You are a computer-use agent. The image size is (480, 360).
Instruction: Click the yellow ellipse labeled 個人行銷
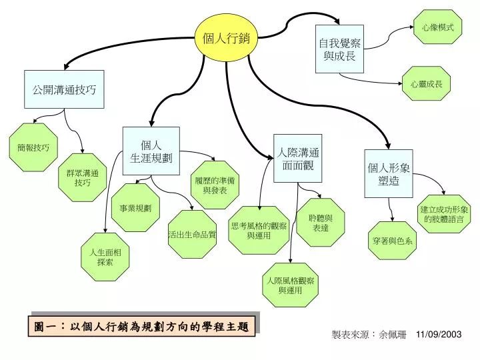click(227, 38)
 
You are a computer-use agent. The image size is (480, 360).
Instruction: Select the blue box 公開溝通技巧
click(64, 89)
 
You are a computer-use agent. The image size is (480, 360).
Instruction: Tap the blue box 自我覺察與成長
click(339, 49)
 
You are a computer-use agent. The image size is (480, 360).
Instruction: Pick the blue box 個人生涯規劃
click(151, 151)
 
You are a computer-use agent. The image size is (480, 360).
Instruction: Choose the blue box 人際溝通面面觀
click(297, 158)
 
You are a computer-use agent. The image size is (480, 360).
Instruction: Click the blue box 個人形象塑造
click(389, 173)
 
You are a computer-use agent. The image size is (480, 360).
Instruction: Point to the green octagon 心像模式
click(437, 27)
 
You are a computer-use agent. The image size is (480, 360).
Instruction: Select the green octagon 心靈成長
click(426, 83)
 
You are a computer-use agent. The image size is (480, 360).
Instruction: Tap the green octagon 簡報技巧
click(33, 147)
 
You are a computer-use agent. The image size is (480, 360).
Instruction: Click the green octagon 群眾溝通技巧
click(83, 177)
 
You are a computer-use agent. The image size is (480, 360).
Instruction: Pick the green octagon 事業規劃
click(135, 207)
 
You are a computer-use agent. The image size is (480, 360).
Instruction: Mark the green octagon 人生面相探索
click(105, 257)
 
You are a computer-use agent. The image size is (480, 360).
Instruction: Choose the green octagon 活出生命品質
click(192, 234)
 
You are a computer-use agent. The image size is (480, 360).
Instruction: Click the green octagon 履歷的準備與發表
click(215, 185)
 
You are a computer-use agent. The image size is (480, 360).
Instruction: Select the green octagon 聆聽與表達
click(321, 223)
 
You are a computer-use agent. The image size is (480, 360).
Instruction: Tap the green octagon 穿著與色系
click(392, 241)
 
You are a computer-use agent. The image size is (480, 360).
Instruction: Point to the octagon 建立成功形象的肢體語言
click(444, 214)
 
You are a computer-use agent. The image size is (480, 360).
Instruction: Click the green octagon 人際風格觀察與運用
click(290, 285)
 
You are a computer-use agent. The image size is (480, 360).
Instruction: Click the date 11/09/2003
click(439, 334)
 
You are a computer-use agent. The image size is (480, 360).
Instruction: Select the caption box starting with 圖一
click(141, 326)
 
